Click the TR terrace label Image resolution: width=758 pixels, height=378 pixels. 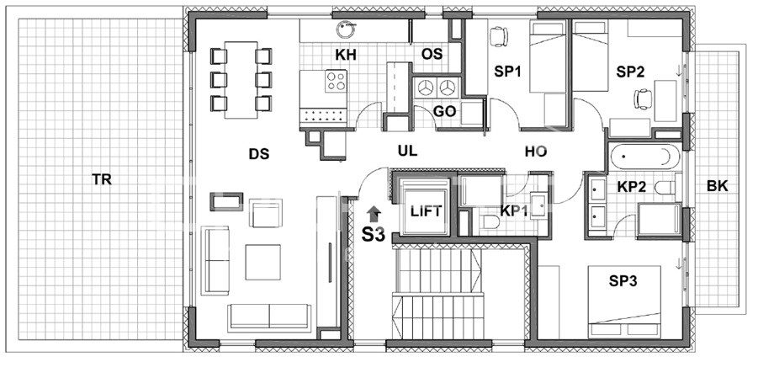point(102,179)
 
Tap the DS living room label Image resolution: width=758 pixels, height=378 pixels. point(258,154)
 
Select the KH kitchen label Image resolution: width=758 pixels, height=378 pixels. point(346,56)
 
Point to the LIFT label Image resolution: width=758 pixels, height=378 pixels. point(426,211)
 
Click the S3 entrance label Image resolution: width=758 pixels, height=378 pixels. point(374,235)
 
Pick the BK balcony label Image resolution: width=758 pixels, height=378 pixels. point(717,186)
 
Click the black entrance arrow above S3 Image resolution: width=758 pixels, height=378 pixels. point(374,214)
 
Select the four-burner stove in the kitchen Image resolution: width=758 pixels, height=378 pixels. point(336,82)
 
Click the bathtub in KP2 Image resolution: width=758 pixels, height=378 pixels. point(645,157)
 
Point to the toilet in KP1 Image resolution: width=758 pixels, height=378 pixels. point(489,222)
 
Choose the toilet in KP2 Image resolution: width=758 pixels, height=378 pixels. point(668,187)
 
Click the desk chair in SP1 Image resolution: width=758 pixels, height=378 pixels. point(498,37)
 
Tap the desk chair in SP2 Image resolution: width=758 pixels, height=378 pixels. point(644,99)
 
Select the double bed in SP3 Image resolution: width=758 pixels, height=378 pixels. point(624,301)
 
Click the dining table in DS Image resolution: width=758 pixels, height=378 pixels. point(241,80)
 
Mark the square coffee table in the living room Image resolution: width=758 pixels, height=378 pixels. point(262,263)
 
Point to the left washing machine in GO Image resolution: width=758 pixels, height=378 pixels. point(426,88)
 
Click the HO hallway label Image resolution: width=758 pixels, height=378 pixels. point(536,152)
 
